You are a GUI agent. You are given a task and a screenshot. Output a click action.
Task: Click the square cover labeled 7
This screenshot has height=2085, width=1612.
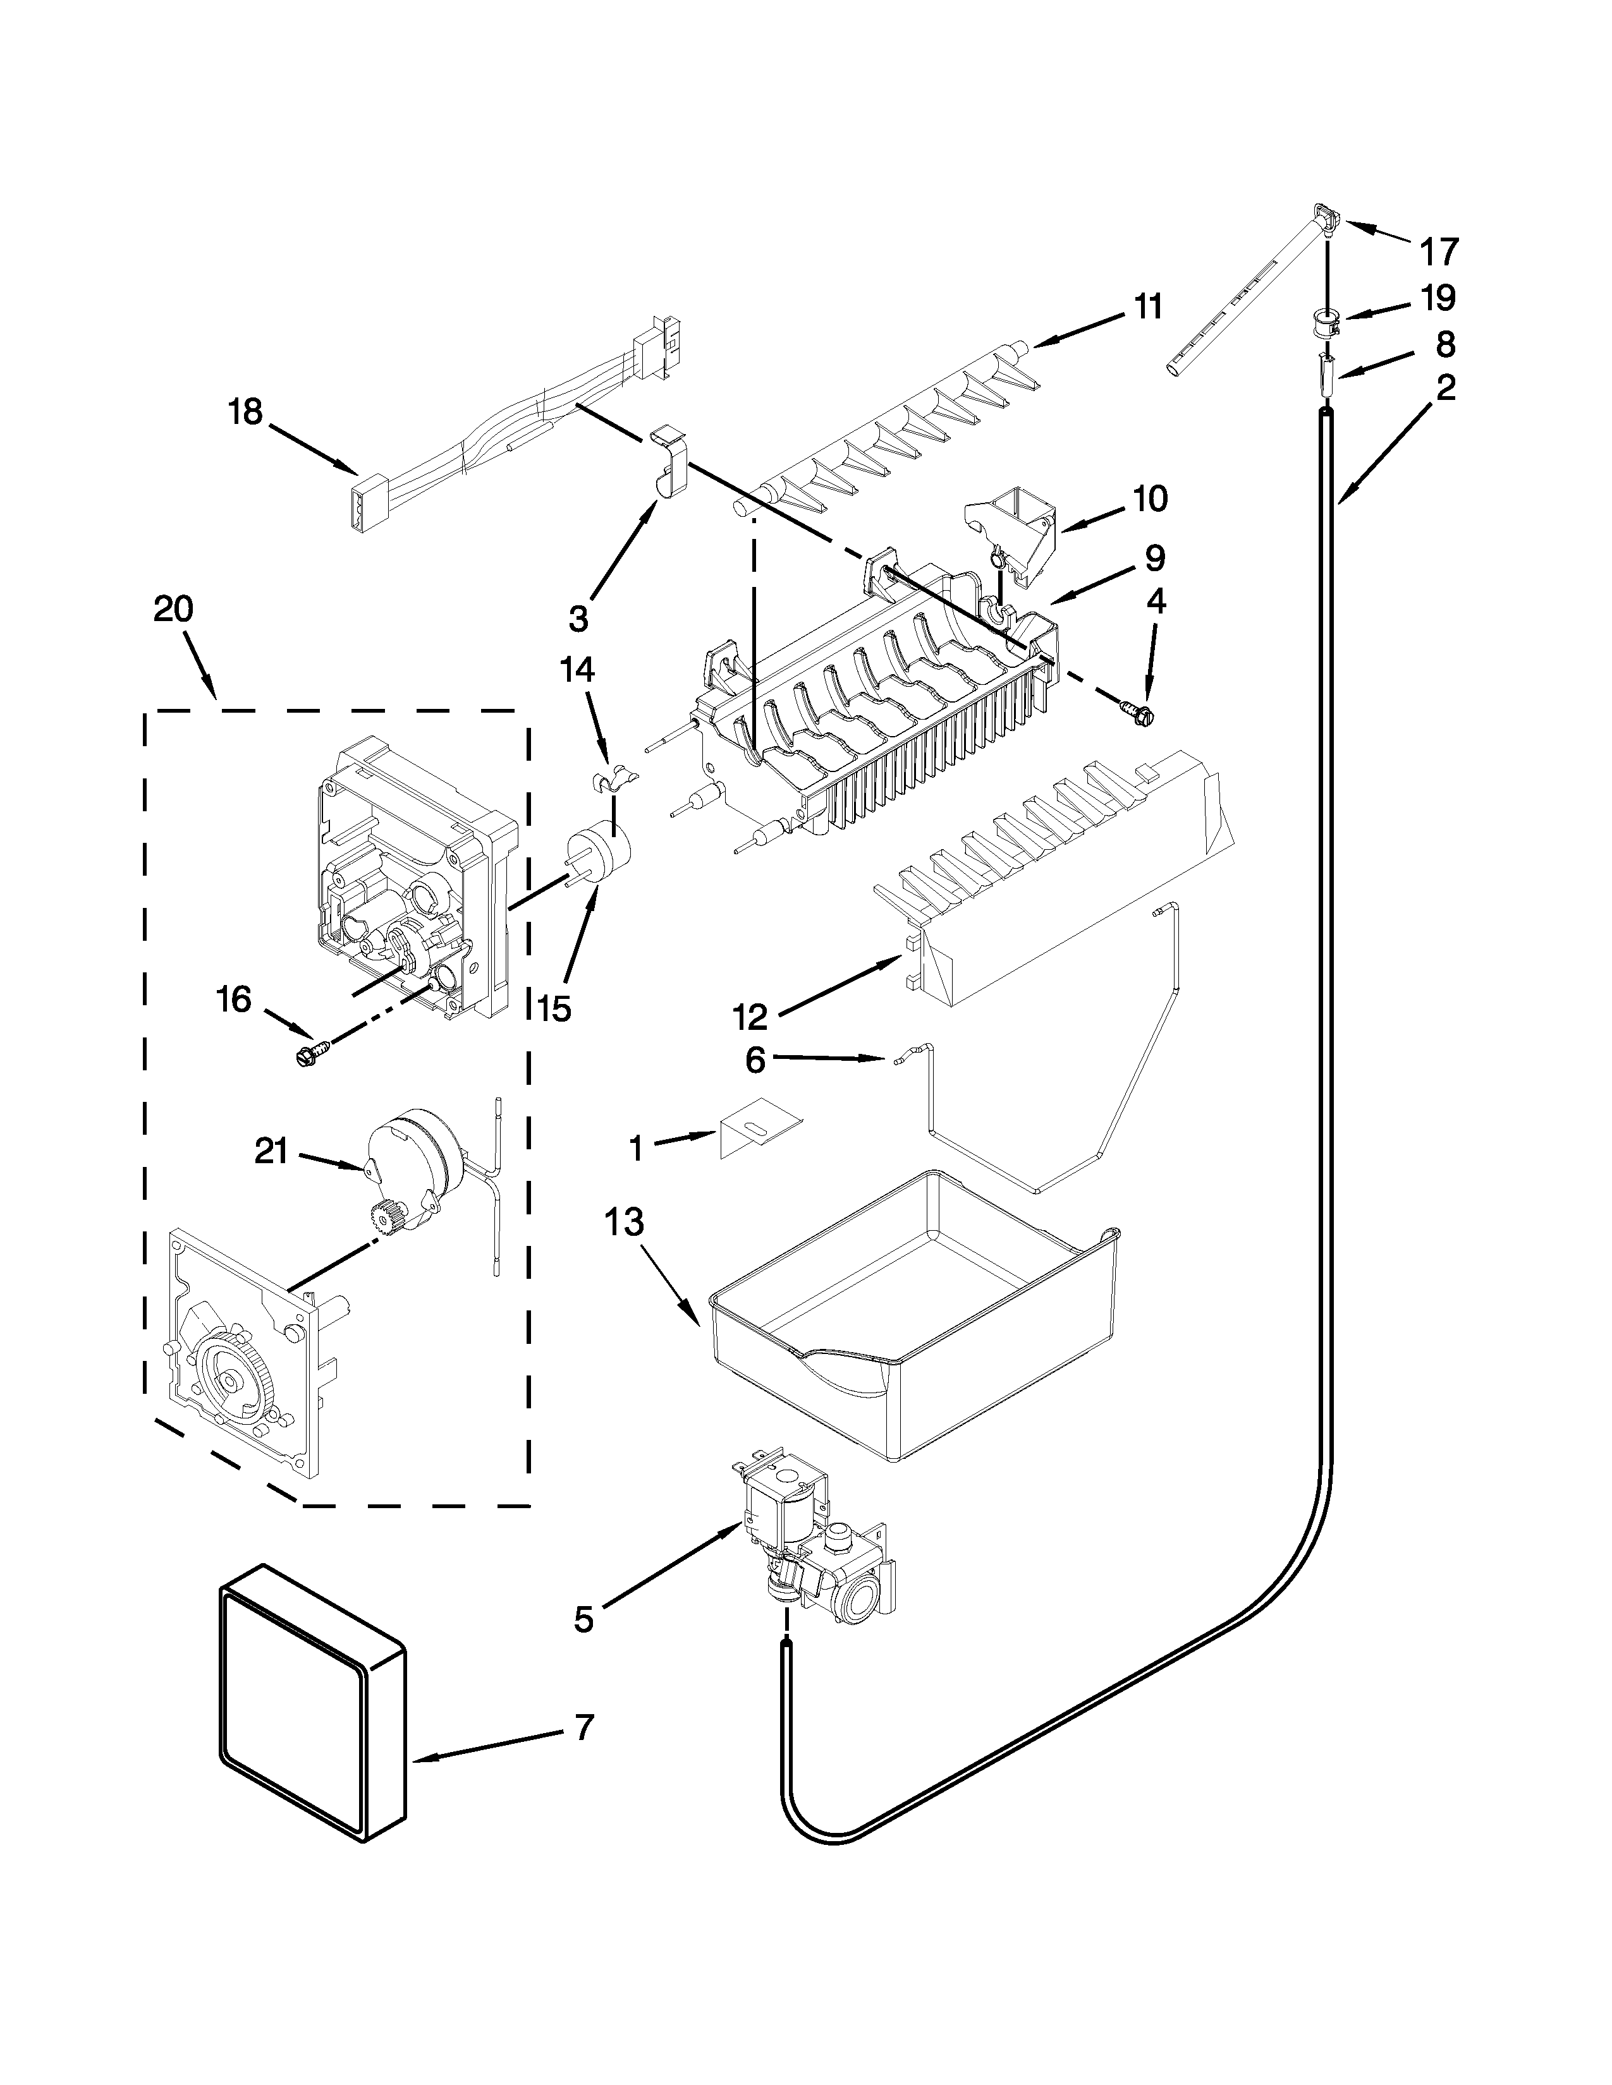(x=310, y=1715)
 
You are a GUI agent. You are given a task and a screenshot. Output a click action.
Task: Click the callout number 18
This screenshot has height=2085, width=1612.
(x=245, y=413)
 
